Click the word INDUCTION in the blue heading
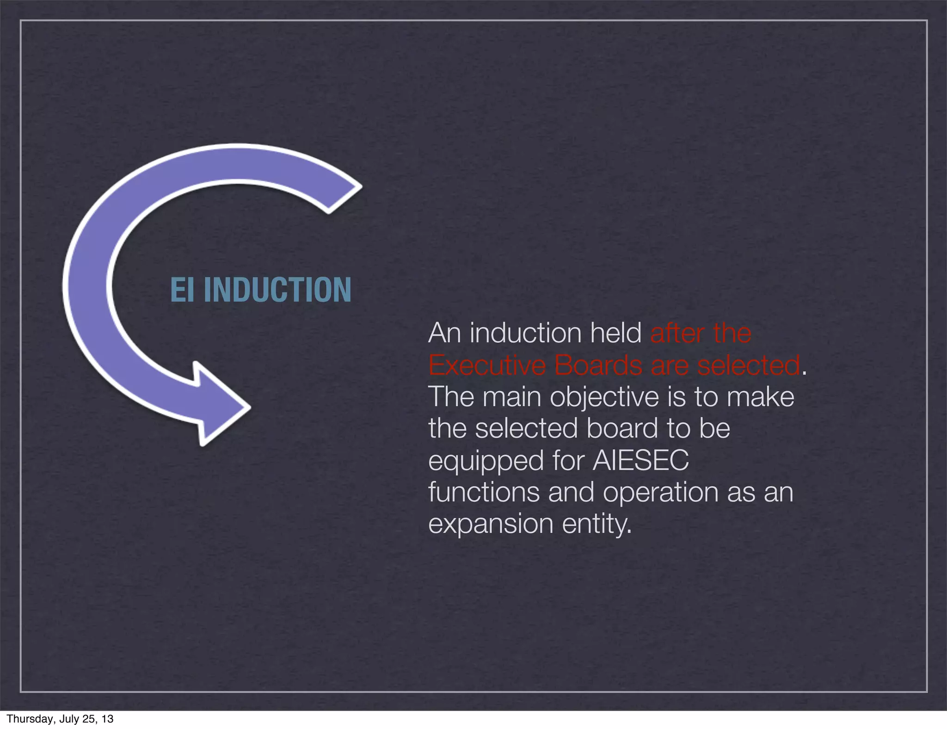click(x=277, y=290)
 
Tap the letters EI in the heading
click(x=182, y=290)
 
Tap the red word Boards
click(x=598, y=365)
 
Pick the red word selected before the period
click(x=748, y=365)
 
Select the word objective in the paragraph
click(x=604, y=397)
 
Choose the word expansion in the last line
click(x=491, y=525)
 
